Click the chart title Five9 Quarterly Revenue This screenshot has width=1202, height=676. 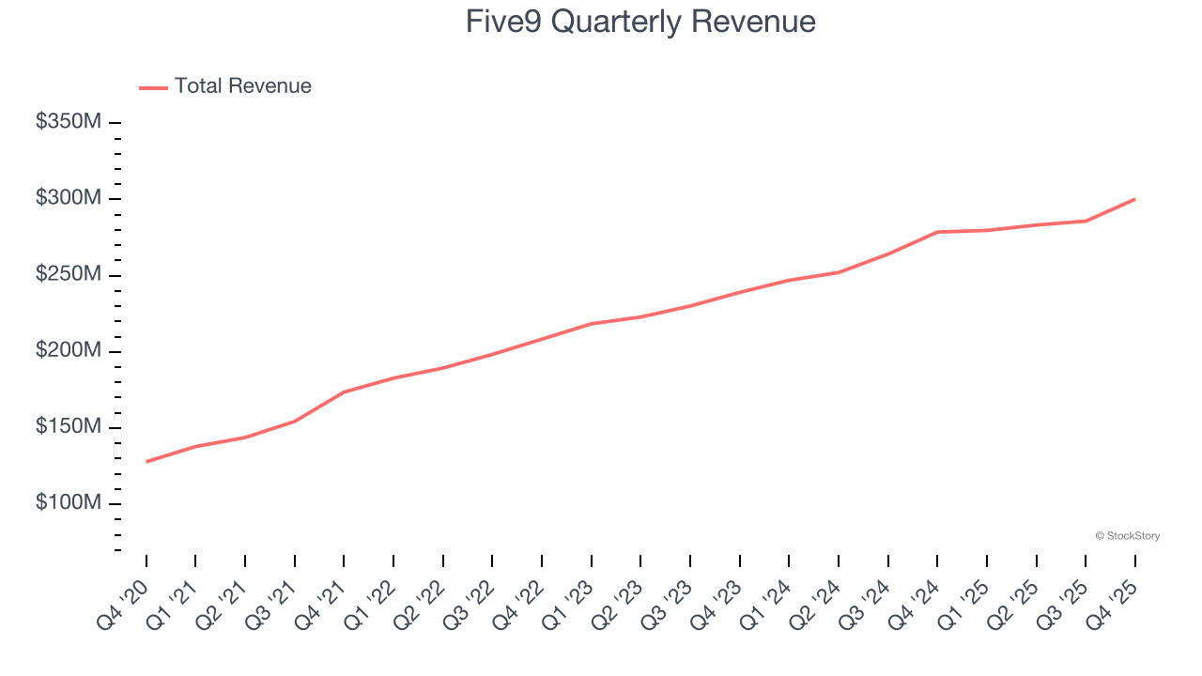[x=640, y=22]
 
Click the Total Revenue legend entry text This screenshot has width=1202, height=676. [x=242, y=86]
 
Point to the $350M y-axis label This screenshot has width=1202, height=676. [x=69, y=122]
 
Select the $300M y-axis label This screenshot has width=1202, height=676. [x=69, y=198]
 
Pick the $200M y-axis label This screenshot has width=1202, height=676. [x=69, y=351]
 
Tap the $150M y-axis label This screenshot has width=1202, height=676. [x=69, y=427]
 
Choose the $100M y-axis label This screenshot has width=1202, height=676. [x=69, y=503]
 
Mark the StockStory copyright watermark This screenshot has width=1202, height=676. [x=1127, y=536]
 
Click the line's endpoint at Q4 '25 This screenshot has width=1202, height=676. [x=1134, y=199]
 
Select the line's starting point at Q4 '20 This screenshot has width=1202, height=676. [x=146, y=462]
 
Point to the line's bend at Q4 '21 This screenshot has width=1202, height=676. [x=344, y=392]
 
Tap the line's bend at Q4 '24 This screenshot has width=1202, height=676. [x=937, y=232]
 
